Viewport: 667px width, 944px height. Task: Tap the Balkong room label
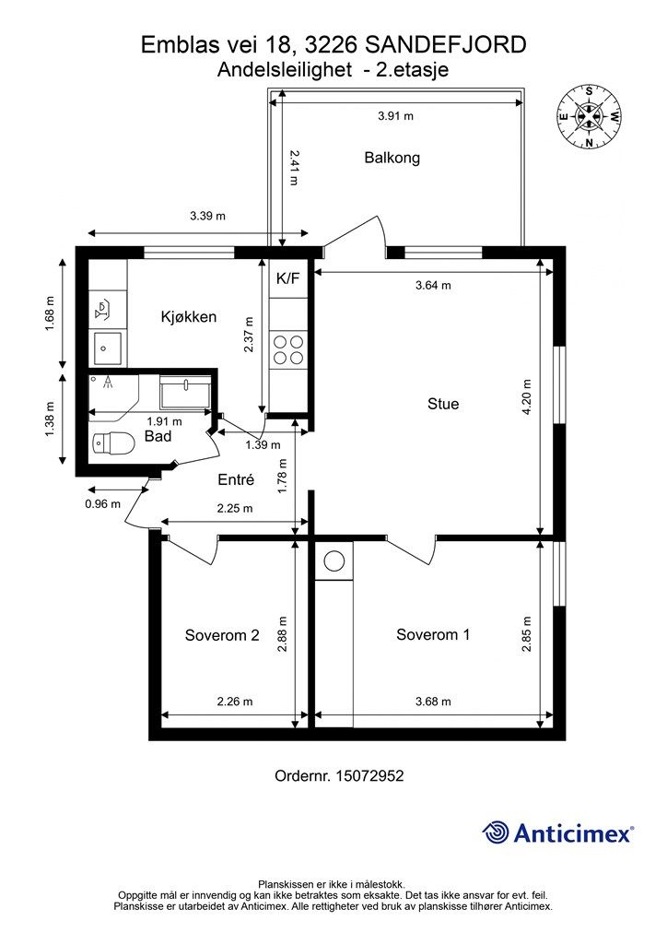coord(392,158)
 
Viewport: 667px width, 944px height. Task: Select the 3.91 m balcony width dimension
coord(395,115)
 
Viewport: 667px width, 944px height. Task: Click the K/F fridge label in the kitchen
coord(287,278)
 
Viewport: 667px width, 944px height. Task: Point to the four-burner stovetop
coord(288,349)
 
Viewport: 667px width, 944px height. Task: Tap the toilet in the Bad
coord(112,444)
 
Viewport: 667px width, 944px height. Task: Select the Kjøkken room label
coord(188,317)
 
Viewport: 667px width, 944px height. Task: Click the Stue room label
coord(442,404)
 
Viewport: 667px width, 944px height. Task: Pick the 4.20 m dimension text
coord(527,396)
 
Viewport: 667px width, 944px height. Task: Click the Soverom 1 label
coord(433,634)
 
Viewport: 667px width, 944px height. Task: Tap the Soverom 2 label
coord(222,635)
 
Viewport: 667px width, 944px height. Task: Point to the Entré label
coord(236,479)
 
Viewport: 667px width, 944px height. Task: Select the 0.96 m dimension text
coord(102,504)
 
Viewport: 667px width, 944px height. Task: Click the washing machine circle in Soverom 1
coord(333,561)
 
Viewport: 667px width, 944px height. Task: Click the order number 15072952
coord(369,776)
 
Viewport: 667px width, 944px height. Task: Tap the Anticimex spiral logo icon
coord(496,832)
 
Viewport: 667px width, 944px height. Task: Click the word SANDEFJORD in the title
coord(446,44)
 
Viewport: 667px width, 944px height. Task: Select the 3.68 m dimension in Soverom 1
coord(433,702)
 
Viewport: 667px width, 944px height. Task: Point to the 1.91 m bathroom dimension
coord(164,422)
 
